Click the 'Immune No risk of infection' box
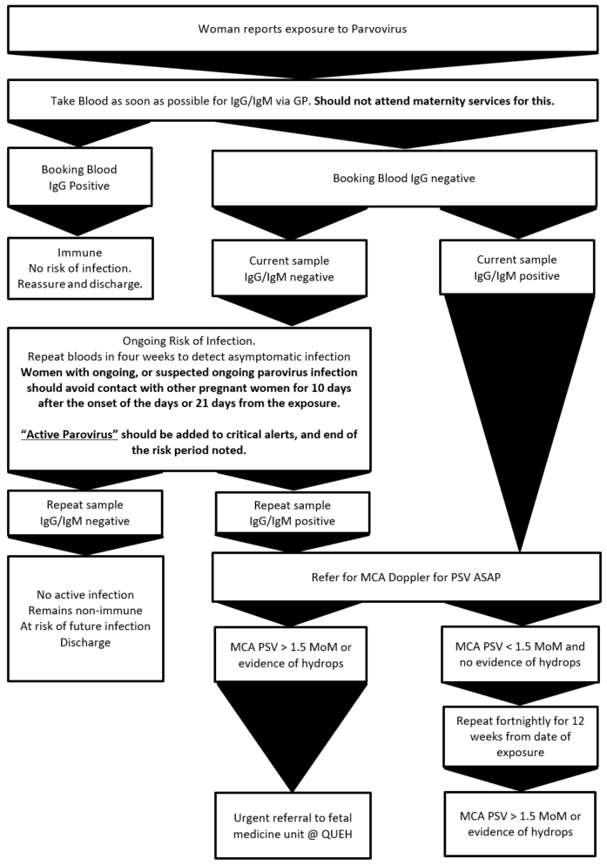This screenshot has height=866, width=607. click(80, 269)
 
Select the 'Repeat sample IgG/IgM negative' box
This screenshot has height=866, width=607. click(84, 513)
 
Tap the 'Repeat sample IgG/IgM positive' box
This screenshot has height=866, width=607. click(274, 513)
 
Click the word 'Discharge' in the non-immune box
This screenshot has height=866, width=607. click(84, 643)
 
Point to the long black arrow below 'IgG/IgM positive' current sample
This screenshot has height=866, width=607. click(519, 418)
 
